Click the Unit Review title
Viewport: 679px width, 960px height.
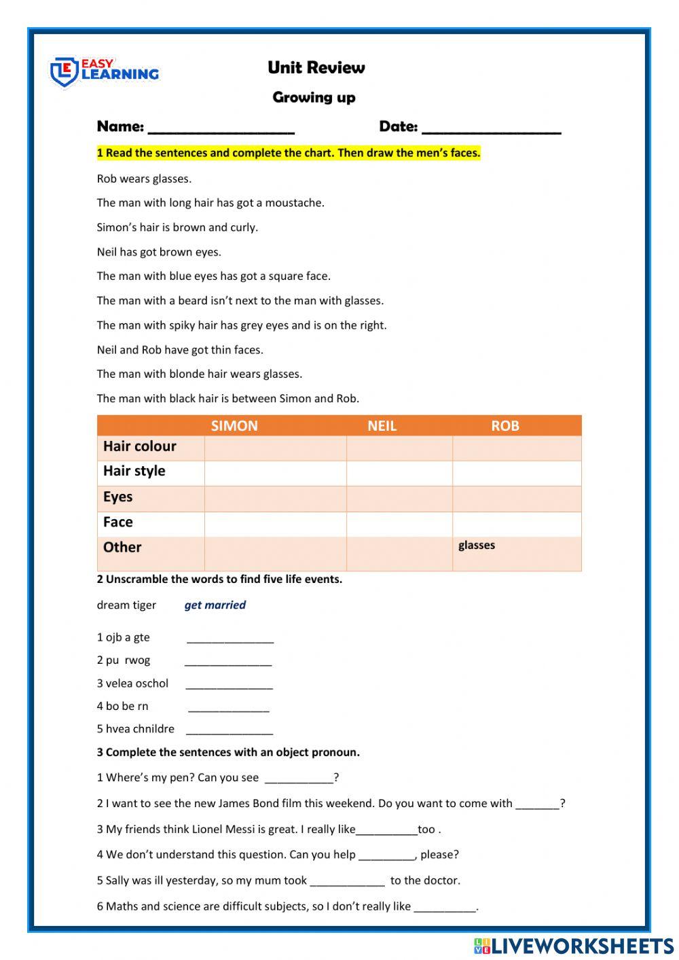316,67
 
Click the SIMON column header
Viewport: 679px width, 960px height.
234,426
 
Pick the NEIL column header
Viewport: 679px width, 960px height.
382,426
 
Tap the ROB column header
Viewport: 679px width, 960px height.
504,426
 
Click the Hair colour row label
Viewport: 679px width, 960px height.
140,446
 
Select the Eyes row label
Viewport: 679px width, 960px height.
118,497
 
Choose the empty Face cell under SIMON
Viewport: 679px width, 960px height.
275,523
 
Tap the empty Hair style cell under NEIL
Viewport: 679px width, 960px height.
399,472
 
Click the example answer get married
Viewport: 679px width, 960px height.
215,605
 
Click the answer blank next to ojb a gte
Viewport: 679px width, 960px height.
230,639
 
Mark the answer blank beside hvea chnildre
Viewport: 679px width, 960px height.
229,730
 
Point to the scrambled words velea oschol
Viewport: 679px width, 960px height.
136,683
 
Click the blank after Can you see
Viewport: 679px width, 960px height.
299,779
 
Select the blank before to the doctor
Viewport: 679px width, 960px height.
347,882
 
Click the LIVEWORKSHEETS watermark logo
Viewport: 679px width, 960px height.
574,946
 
